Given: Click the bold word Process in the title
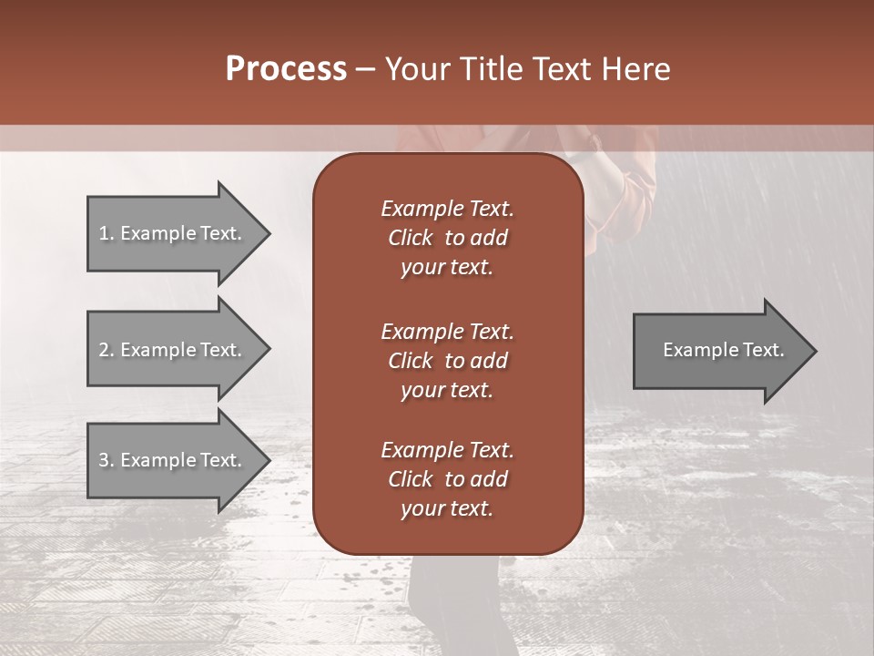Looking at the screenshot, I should coord(286,69).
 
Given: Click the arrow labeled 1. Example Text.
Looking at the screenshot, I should coord(173,233).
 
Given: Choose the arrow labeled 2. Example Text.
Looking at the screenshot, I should coord(173,350).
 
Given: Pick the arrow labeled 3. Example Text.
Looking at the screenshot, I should coord(173,460).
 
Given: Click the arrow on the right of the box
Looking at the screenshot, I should coord(719,350).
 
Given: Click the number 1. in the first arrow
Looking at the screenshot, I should coord(106,233).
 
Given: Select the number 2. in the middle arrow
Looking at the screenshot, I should coord(106,350).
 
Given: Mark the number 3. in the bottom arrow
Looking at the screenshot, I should coord(106,460).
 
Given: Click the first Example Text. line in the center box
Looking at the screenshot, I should coord(447,209).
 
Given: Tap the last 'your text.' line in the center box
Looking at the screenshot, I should coord(447,509).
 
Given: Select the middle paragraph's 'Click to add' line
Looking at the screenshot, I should coord(447,361).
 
